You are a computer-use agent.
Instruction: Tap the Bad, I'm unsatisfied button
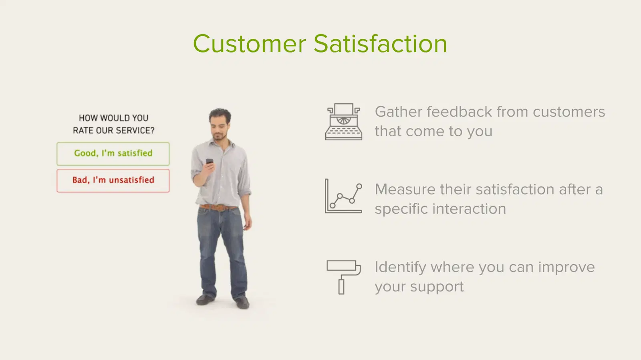pos(113,181)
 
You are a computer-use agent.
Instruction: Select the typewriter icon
pos(344,122)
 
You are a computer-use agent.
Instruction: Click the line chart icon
pos(343,196)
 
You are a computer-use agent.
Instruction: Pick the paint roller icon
pos(343,277)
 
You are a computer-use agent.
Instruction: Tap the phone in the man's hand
pos(210,161)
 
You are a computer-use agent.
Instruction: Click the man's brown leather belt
pos(218,207)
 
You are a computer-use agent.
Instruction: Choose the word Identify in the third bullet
pos(400,267)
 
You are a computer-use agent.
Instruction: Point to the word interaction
pos(469,209)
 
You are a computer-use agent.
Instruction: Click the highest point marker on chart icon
pos(359,186)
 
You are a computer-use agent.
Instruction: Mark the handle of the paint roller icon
pos(341,287)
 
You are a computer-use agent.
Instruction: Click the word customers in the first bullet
pos(569,112)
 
